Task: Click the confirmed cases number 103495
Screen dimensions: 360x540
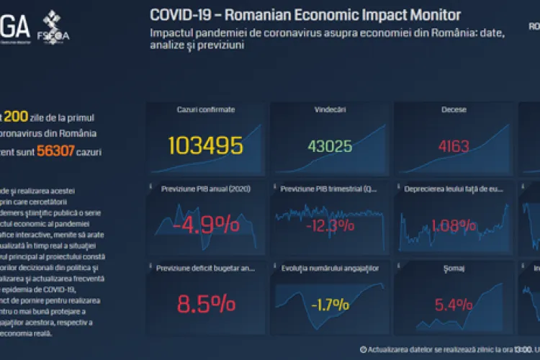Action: (205, 145)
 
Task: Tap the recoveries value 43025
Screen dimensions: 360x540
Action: (330, 146)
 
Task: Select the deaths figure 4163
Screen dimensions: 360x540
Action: (454, 146)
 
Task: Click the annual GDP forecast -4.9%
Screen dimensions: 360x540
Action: (205, 225)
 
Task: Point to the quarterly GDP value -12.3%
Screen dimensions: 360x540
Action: (330, 225)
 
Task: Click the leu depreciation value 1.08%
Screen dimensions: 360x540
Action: (454, 225)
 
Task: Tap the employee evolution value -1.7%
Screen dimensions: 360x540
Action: (330, 304)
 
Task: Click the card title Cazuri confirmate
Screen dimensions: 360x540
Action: (205, 109)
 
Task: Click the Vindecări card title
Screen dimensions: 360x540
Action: (330, 109)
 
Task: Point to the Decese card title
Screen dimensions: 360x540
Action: (454, 109)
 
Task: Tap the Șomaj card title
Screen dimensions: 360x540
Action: (454, 268)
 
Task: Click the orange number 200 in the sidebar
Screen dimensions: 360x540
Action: (16, 117)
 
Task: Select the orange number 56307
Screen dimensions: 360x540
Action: (57, 152)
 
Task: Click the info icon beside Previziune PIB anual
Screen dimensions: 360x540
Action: (151, 188)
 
